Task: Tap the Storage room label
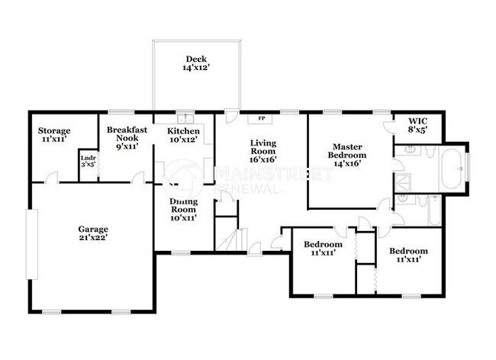click(54, 135)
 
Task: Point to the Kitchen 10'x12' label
click(183, 135)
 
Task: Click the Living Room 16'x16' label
click(262, 149)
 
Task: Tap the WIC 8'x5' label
click(418, 125)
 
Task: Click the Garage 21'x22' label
click(93, 233)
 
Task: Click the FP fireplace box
click(261, 119)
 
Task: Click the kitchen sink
click(185, 119)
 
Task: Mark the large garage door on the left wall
click(32, 244)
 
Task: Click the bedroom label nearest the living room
click(323, 249)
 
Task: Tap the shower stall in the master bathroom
click(404, 182)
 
